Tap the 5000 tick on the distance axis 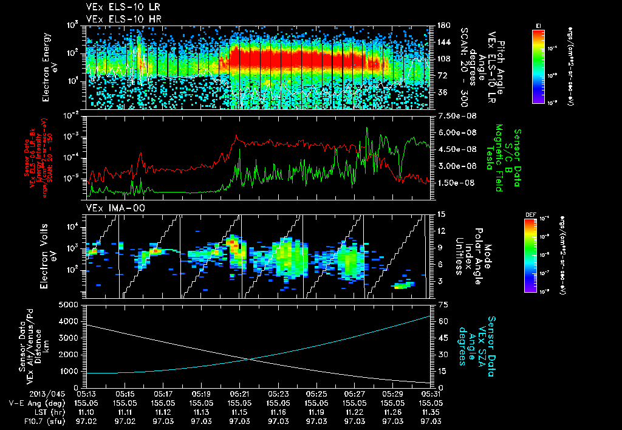[x=69, y=304]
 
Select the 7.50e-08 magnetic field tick [x=453, y=115]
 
